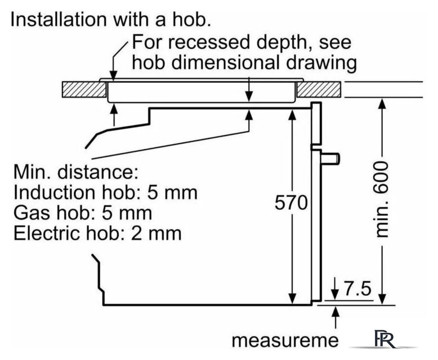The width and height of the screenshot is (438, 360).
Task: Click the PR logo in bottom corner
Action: [x=386, y=341]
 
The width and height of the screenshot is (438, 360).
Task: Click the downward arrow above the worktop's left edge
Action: [x=114, y=77]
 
